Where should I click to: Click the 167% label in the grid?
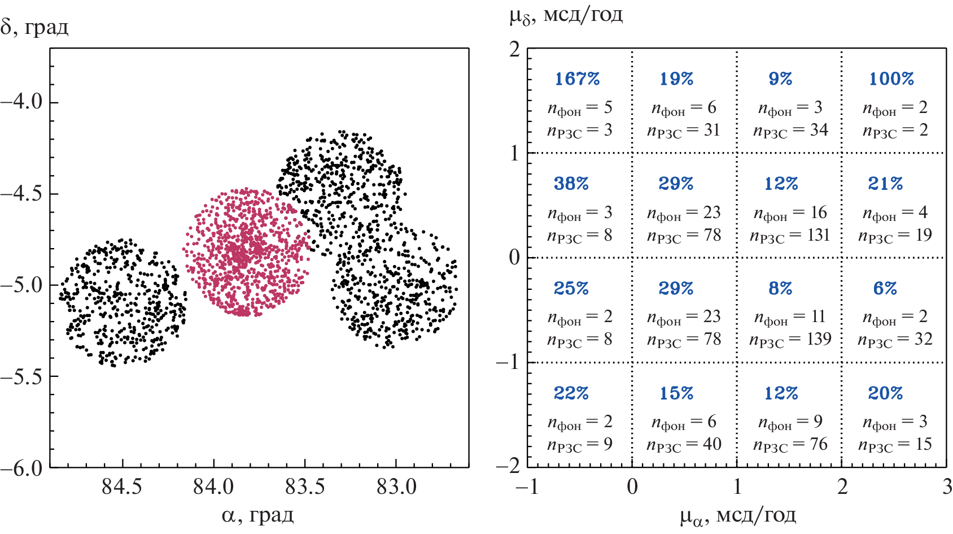click(x=577, y=79)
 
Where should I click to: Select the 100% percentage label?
click(x=891, y=79)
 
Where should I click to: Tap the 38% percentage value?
click(x=571, y=184)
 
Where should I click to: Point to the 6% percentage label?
click(x=885, y=288)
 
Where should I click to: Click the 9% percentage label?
click(x=781, y=79)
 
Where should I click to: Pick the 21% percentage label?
click(x=885, y=184)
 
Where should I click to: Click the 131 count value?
click(x=818, y=235)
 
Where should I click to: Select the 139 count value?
click(x=819, y=339)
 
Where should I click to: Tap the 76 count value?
click(x=819, y=444)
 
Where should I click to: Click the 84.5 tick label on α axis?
click(x=122, y=487)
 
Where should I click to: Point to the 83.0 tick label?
click(x=396, y=487)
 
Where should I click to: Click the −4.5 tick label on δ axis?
click(x=21, y=194)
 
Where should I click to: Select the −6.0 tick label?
click(x=21, y=468)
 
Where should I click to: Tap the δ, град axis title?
click(x=35, y=27)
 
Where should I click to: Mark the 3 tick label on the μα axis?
click(x=947, y=487)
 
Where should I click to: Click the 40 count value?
click(x=712, y=444)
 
